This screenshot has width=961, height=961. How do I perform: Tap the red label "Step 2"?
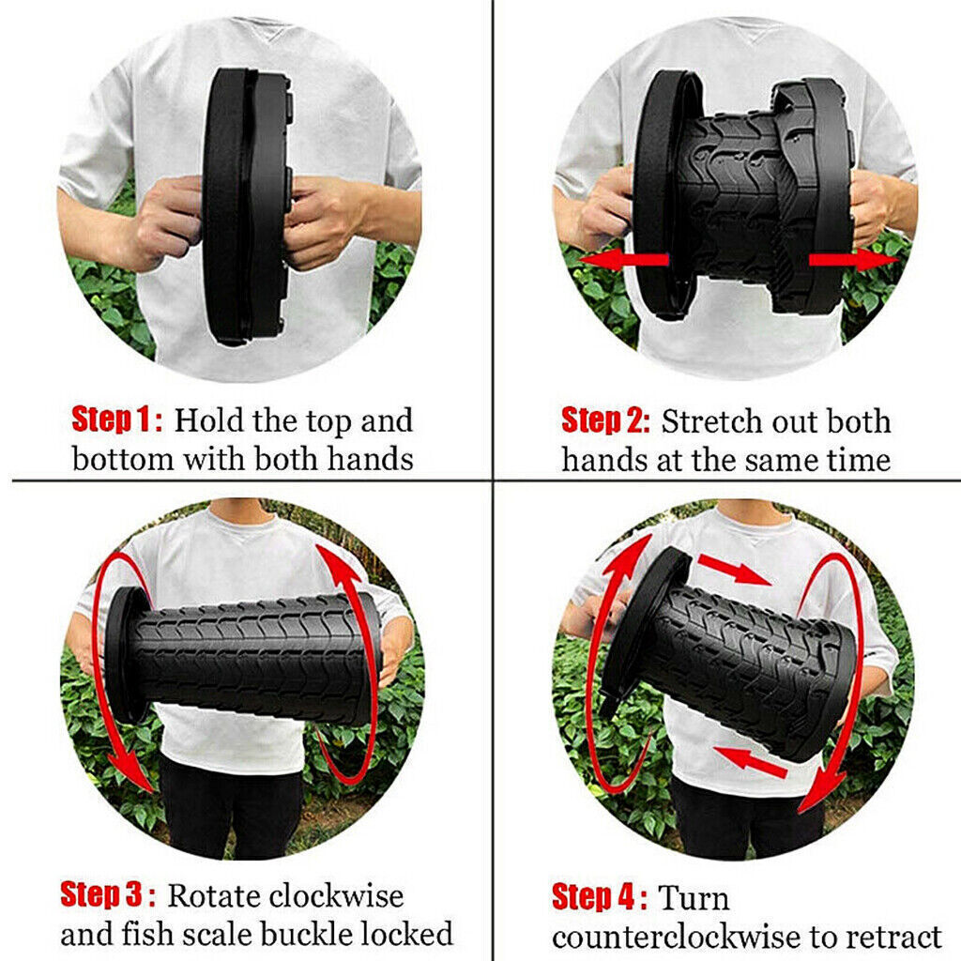[x=604, y=420]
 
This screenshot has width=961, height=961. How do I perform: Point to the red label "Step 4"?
[x=599, y=897]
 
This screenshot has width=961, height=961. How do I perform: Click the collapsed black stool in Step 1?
[x=246, y=206]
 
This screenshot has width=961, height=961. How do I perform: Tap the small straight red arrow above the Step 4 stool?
[x=733, y=569]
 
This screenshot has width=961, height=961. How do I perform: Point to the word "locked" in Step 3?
[x=409, y=934]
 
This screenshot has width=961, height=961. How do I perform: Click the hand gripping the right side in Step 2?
[x=868, y=206]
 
